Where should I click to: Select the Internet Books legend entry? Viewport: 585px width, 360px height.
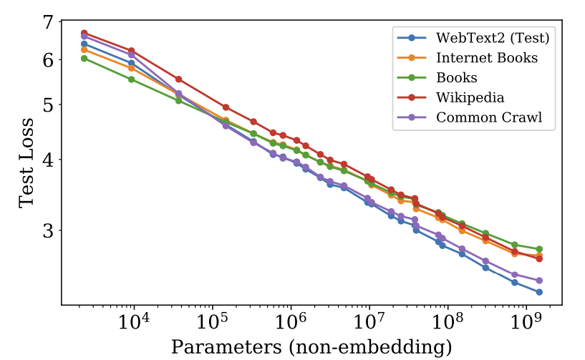486,57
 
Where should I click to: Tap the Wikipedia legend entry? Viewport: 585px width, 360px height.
470,97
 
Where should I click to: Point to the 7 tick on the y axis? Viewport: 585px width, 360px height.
47,22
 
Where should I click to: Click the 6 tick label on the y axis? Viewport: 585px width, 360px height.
47,60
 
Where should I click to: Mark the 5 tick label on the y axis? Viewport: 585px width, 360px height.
47,104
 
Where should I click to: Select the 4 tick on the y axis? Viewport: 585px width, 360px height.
47,159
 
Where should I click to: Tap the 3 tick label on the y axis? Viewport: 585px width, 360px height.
47,230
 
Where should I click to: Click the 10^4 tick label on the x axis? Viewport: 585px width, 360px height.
134,321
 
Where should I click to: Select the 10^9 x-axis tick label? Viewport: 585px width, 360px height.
526,321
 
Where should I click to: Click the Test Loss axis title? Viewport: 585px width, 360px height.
26,163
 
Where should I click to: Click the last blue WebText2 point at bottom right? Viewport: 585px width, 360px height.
539,292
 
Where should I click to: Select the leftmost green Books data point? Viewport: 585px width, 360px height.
84,58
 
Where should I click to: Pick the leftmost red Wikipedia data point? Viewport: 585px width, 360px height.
84,33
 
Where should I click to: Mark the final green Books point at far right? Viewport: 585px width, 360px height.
539,248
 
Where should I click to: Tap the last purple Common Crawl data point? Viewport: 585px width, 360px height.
539,281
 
